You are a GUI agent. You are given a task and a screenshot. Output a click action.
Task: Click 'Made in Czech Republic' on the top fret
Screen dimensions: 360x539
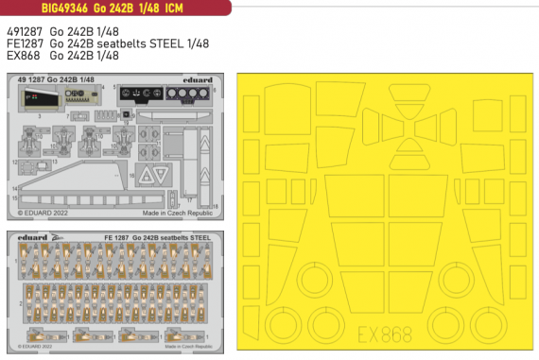click(x=183, y=214)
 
